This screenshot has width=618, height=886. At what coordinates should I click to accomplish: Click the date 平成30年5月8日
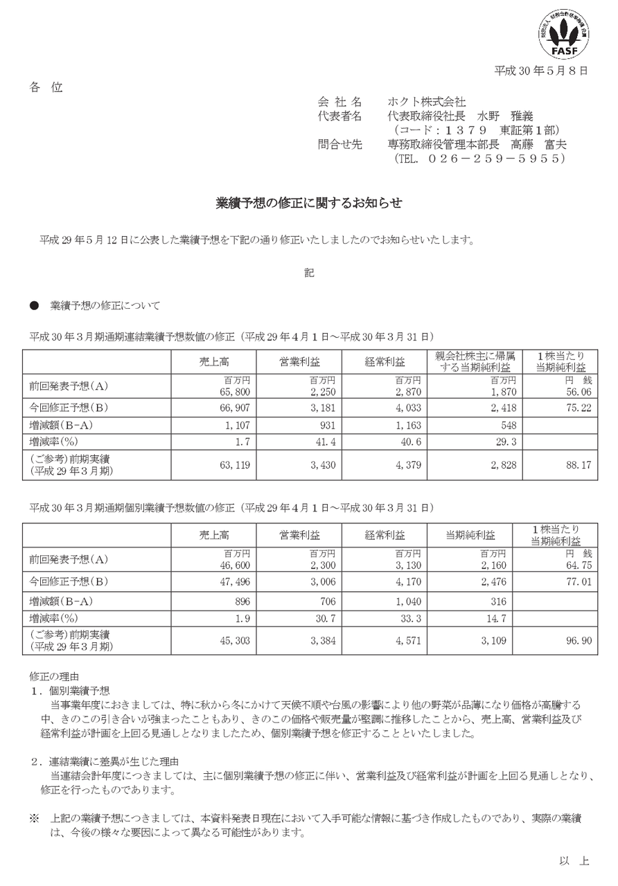coord(541,71)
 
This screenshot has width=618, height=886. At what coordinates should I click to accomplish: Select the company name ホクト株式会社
coord(427,102)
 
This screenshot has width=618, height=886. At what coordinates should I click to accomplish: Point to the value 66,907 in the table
coord(227,407)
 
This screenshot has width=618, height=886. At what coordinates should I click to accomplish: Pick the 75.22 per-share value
coord(580,407)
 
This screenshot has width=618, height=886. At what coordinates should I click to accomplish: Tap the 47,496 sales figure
coord(227,582)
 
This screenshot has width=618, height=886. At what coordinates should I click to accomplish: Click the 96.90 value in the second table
coord(580,641)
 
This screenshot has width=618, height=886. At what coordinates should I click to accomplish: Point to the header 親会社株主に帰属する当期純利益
coord(475,361)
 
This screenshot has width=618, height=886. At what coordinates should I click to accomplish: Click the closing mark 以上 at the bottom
coord(574,860)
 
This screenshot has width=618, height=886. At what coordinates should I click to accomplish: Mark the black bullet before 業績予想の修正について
coord(33,305)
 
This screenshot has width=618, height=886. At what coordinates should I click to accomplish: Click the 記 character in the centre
coord(309,273)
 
